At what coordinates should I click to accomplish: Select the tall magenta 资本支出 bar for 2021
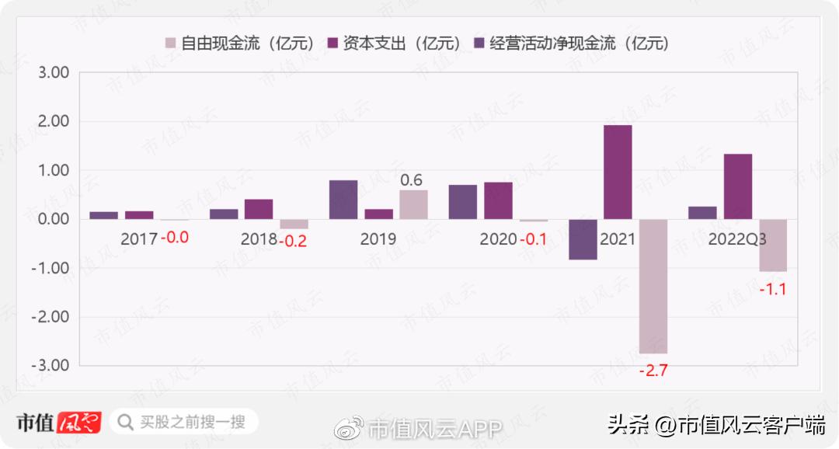618,172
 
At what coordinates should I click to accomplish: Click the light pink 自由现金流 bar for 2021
653,286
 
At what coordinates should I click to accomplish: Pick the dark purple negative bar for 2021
583,239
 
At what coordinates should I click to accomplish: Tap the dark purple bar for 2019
343,200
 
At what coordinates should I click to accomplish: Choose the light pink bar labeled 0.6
413,204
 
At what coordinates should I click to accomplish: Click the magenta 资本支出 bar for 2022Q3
737,186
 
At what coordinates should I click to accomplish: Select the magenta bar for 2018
259,209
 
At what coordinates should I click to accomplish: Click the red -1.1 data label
772,290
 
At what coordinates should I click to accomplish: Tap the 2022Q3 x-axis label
736,239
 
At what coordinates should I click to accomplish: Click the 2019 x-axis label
378,239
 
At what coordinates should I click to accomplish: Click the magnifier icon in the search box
124,422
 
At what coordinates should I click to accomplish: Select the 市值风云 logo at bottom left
59,422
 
